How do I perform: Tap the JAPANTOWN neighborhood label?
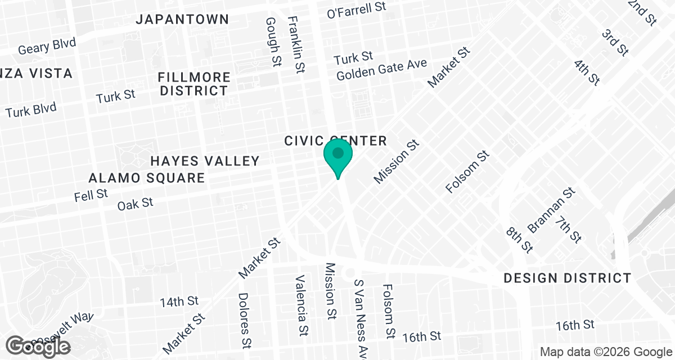pos(183,19)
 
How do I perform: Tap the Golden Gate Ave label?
pos(382,70)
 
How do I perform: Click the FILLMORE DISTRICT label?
pos(194,84)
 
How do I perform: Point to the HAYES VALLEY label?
pos(205,161)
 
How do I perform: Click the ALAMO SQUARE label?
pos(147,178)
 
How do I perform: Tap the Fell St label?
pos(91,195)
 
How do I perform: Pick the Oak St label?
pos(135,203)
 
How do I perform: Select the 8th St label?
pos(519,240)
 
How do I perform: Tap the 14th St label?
pos(179,301)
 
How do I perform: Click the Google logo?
pos(38,345)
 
